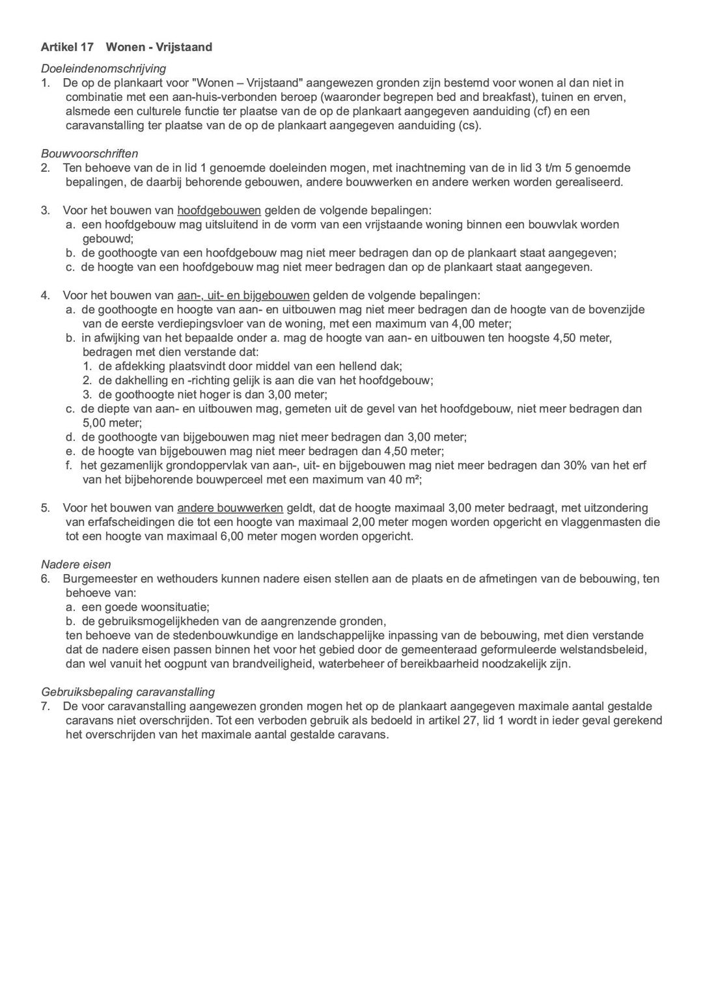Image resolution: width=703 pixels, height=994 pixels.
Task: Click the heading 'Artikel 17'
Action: pyautogui.click(x=67, y=47)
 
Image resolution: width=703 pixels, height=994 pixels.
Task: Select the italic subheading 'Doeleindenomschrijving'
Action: pyautogui.click(x=103, y=68)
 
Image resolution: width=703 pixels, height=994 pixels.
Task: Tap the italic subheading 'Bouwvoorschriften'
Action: pyautogui.click(x=89, y=154)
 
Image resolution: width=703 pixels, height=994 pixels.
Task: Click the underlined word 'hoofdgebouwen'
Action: pyautogui.click(x=219, y=210)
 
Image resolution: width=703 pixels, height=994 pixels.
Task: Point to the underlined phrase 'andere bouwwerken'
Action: pyautogui.click(x=230, y=508)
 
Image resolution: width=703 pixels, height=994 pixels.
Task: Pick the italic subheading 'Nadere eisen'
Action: pyautogui.click(x=76, y=564)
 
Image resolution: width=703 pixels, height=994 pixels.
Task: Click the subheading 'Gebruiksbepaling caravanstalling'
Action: pyautogui.click(x=128, y=692)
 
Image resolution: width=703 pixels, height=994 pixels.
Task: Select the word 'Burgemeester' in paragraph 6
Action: pyautogui.click(x=96, y=579)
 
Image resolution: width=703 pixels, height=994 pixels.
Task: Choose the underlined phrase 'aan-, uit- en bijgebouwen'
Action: pyautogui.click(x=243, y=295)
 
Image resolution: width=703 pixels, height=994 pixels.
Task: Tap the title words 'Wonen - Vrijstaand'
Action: pyautogui.click(x=159, y=47)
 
